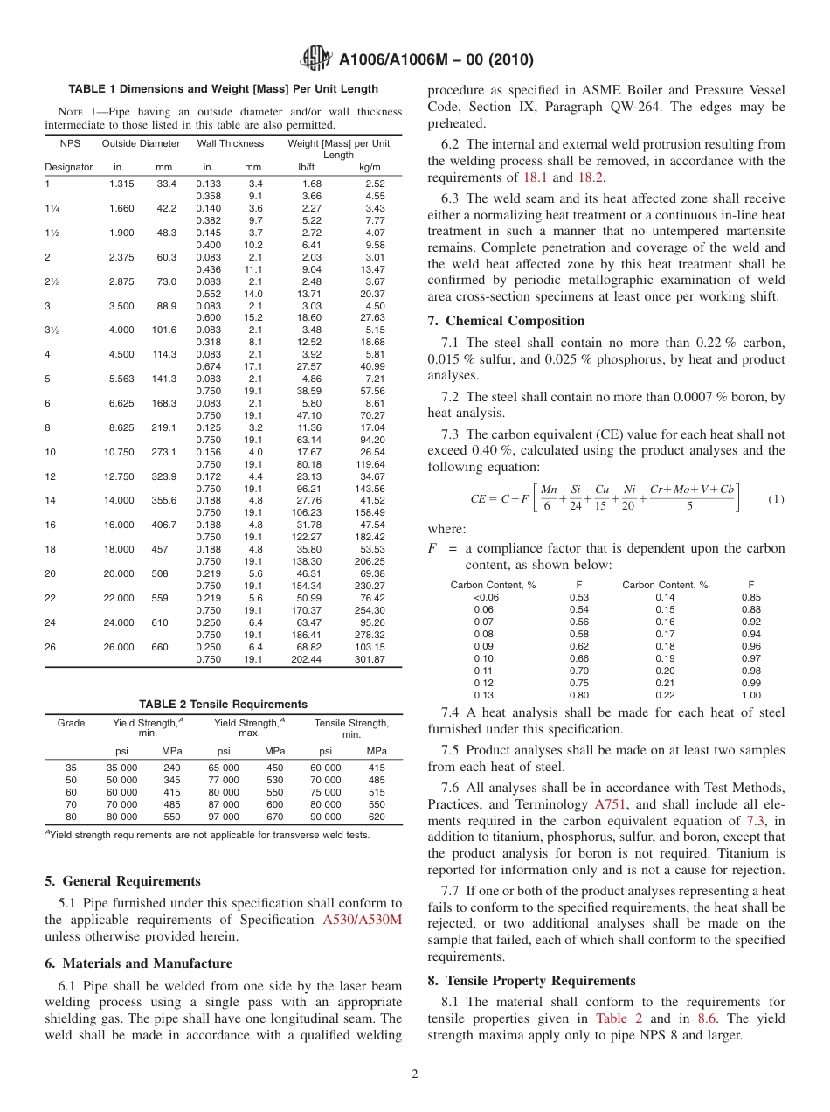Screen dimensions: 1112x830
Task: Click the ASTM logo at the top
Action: coord(315,59)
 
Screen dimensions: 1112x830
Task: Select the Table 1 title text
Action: coord(224,89)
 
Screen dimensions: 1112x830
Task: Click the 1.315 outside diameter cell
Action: coord(121,184)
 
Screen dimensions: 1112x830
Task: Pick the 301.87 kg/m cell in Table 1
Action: coord(367,659)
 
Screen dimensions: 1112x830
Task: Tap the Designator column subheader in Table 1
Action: coord(68,167)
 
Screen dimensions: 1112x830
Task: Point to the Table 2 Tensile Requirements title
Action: coord(224,705)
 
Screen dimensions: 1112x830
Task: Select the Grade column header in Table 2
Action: coord(71,724)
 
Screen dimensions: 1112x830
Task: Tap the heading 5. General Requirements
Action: coord(123,881)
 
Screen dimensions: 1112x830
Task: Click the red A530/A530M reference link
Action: coord(362,920)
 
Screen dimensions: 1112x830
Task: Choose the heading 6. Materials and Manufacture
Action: coord(138,963)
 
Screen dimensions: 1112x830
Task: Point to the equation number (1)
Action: coord(776,498)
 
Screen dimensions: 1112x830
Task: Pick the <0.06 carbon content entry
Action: coord(486,597)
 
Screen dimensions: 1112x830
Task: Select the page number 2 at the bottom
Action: coord(415,1074)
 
